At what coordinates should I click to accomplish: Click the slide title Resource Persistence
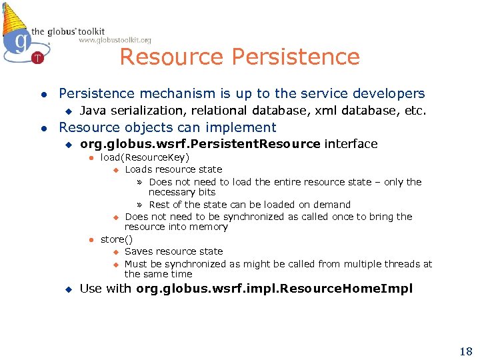[239, 57]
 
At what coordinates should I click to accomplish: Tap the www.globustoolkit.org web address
[115, 41]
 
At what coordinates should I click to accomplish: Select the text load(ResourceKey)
[145, 157]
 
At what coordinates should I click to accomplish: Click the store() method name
[117, 239]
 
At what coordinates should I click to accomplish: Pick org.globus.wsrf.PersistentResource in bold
[200, 144]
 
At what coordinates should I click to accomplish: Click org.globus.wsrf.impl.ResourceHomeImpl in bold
[274, 289]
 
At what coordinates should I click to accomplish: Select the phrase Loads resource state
[173, 169]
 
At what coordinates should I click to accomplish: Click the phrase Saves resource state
[173, 251]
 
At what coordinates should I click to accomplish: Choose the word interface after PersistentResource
[351, 144]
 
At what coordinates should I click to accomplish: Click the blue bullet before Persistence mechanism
[43, 94]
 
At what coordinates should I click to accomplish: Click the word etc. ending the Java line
[415, 111]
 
